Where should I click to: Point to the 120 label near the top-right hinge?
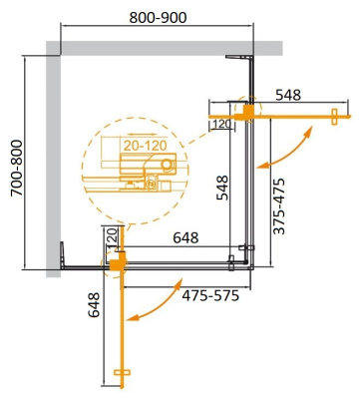pyautogui.click(x=220, y=124)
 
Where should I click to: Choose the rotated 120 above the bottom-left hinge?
pyautogui.click(x=113, y=239)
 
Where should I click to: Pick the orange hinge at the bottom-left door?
pyautogui.click(x=116, y=263)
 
